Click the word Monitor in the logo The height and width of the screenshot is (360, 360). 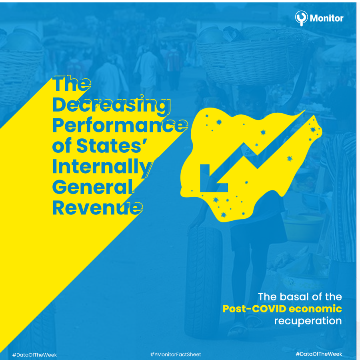pyautogui.click(x=327, y=18)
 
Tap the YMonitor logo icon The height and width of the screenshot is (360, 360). pyautogui.click(x=301, y=18)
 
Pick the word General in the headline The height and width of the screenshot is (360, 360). pyautogui.click(x=92, y=188)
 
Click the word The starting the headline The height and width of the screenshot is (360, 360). pyautogui.click(x=72, y=84)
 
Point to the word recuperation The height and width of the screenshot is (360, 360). pyautogui.click(x=308, y=321)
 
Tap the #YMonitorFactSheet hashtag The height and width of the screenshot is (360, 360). pyautogui.click(x=176, y=354)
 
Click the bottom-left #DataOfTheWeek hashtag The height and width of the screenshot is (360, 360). pyautogui.click(x=34, y=355)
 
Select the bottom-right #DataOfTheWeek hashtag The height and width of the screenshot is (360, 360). pyautogui.click(x=319, y=354)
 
